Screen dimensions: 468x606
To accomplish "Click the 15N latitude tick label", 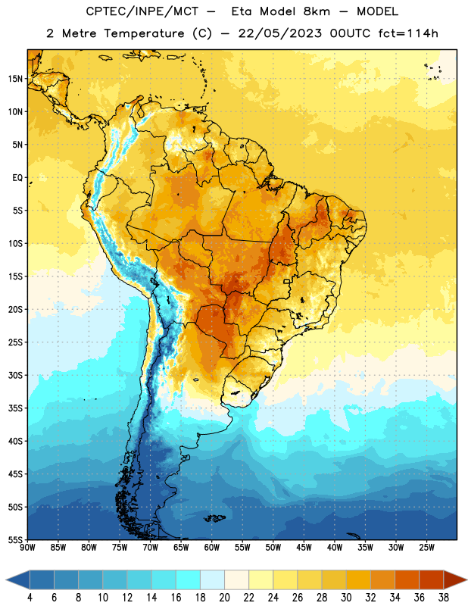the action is point(15,79).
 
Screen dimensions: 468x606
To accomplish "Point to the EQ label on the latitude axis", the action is point(17,178).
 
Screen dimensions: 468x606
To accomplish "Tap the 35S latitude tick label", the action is point(15,408).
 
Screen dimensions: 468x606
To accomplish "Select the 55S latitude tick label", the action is point(15,540).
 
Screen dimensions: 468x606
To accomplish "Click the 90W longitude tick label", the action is point(27,548).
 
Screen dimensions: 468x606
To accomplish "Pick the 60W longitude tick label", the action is point(212,548).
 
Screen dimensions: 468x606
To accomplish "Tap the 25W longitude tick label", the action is point(426,548).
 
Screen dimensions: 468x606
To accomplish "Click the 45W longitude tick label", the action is point(304,548).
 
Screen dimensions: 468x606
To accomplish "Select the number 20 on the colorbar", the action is point(224,598).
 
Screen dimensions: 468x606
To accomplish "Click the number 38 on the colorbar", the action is point(444,598).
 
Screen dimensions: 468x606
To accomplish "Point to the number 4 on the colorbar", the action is point(30,598).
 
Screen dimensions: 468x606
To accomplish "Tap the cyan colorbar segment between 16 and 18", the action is point(188,580).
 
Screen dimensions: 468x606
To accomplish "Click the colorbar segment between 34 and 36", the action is point(407,580).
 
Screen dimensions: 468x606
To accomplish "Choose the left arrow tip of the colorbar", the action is point(6,580).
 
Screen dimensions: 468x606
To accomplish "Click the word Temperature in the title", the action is point(144,33).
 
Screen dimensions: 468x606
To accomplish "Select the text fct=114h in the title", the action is point(408,33).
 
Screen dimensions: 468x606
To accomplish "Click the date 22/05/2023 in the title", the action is point(279,33).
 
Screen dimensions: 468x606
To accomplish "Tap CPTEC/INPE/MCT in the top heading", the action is point(142,11).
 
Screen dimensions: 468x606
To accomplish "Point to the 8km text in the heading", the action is point(317,11).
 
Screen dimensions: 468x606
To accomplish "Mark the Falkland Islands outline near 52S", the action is point(214,518).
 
